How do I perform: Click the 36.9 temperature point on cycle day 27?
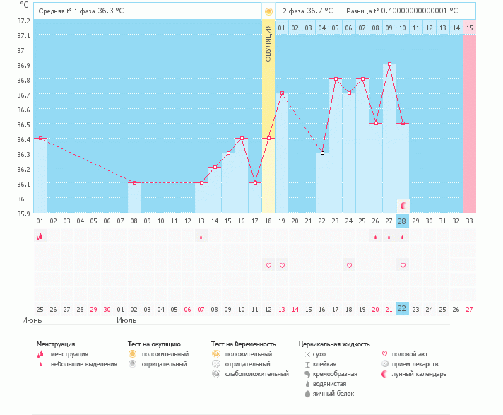coord(389,64)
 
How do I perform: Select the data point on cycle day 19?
coord(282,93)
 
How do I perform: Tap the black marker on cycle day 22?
coord(322,153)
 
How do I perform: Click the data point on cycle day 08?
coord(134,182)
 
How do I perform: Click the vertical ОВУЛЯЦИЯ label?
coord(268,42)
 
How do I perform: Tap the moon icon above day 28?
coord(403,205)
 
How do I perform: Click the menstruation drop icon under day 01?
coord(40,237)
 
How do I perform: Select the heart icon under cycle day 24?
coord(349,265)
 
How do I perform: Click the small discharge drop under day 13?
coord(201,238)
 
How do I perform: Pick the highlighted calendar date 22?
coord(402,309)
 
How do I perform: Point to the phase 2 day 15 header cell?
coord(469,28)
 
